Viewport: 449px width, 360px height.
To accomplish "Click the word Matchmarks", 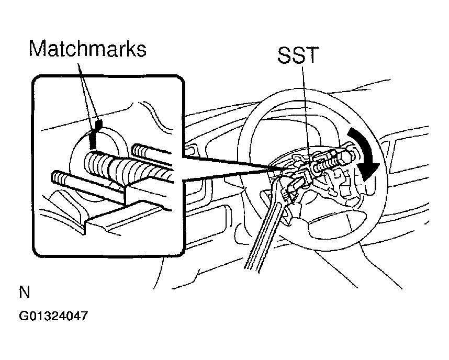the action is [87, 49].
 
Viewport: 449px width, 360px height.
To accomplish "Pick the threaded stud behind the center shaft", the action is [152, 152].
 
